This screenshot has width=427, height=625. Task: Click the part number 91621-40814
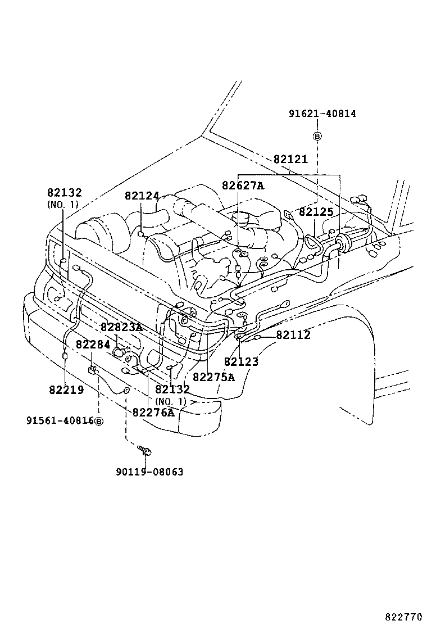click(x=322, y=114)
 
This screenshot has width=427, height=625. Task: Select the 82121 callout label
click(x=290, y=159)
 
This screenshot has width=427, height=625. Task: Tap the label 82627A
click(x=242, y=185)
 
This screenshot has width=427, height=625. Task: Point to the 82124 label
click(x=142, y=196)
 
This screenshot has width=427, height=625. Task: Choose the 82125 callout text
click(x=316, y=212)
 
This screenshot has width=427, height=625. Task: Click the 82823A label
click(x=121, y=327)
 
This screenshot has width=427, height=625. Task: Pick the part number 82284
click(x=93, y=344)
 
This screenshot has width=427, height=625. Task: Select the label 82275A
click(x=213, y=377)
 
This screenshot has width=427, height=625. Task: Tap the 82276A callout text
click(x=153, y=412)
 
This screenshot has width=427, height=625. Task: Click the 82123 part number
click(x=241, y=361)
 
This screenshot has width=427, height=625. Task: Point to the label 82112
click(x=293, y=335)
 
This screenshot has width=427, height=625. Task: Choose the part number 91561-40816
click(x=60, y=420)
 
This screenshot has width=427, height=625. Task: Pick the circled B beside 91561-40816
click(x=99, y=421)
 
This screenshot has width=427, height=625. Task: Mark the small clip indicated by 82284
click(x=93, y=369)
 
